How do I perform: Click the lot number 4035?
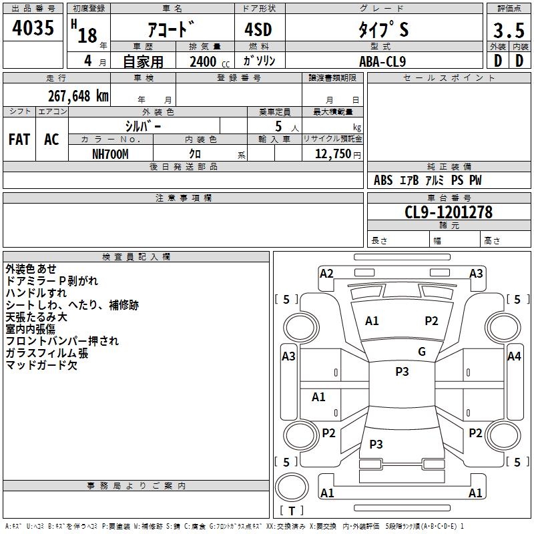[x=33, y=27]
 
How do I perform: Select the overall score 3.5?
[x=509, y=30]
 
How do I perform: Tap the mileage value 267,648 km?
[x=78, y=96]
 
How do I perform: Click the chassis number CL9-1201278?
[x=449, y=212]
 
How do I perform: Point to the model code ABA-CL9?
[x=382, y=61]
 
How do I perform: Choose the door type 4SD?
[x=258, y=29]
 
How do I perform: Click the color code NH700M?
[x=110, y=154]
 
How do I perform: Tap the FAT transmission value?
[x=19, y=140]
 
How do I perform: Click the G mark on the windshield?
[x=422, y=352]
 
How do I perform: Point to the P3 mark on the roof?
[x=402, y=372]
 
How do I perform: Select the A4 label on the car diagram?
[x=514, y=356]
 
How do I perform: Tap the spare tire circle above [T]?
[x=292, y=487]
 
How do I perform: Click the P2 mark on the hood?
[x=431, y=321]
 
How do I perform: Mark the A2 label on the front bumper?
[x=326, y=274]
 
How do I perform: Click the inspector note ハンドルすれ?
[x=36, y=293]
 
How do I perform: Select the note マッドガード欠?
[x=41, y=365]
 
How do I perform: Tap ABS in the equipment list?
[x=383, y=180]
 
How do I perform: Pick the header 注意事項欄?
[x=184, y=198]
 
